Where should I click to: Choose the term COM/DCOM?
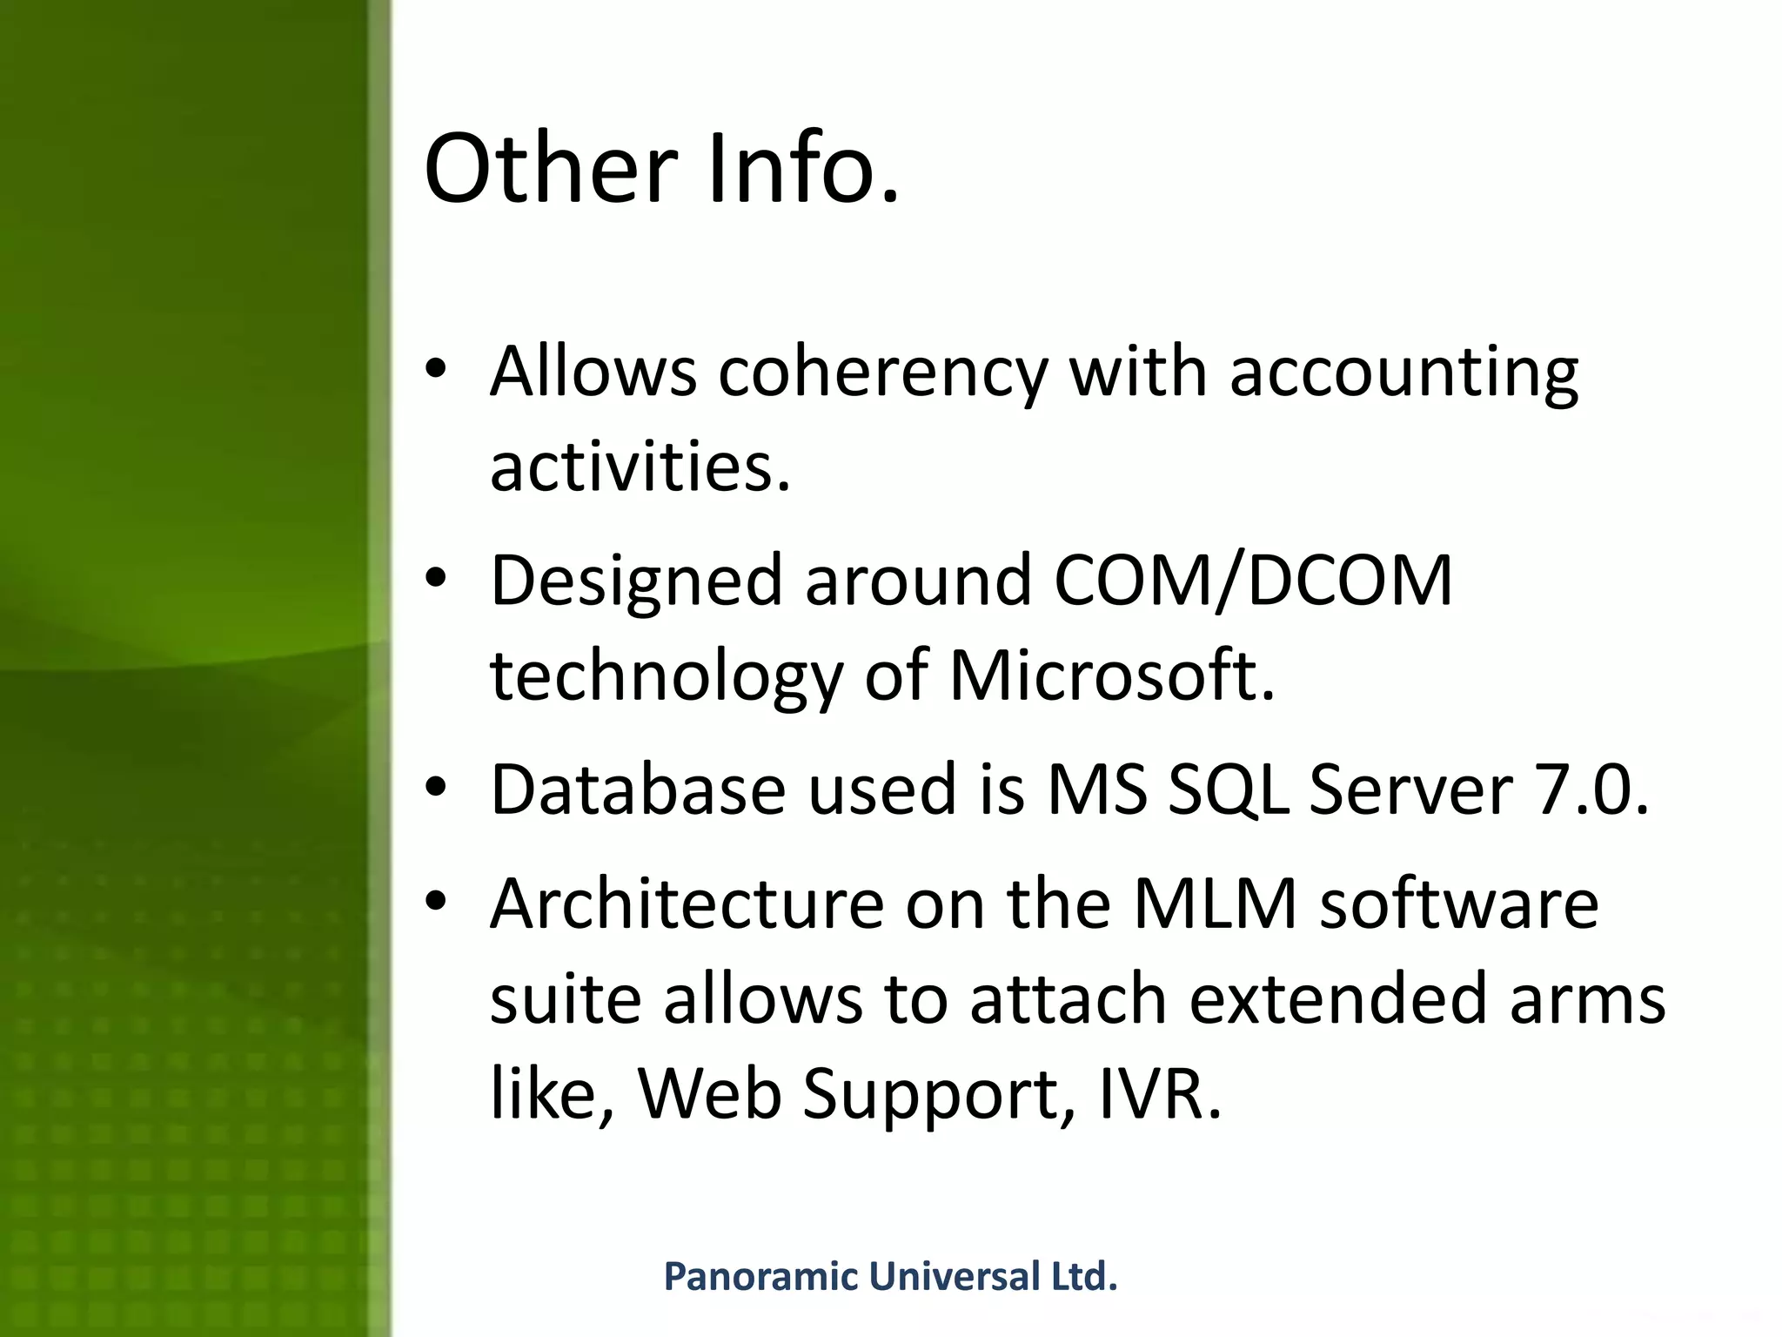coord(1253,581)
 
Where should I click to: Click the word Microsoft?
coord(1111,675)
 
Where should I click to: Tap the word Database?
coord(638,789)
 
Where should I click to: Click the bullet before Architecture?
coord(436,901)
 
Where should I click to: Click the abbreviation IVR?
coord(1160,1094)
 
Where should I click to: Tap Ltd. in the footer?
coord(1084,1277)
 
